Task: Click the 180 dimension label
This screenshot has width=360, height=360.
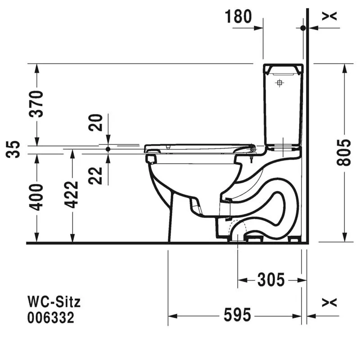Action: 238,17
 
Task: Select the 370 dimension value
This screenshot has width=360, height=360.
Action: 36,104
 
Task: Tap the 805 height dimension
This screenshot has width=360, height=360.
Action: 344,152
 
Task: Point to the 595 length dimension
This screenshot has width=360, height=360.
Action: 238,315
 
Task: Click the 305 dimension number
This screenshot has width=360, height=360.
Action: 271,279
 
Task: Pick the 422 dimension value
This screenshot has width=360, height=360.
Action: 72,195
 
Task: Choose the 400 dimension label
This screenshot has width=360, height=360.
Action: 36,197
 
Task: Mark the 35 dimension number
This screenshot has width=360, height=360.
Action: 13,149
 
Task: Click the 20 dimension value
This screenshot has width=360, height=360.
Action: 95,122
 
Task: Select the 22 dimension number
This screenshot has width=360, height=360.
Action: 95,175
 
